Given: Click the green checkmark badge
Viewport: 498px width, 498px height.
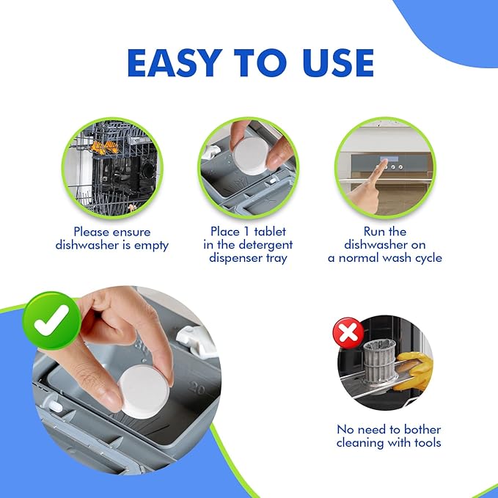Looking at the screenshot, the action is click(x=51, y=321).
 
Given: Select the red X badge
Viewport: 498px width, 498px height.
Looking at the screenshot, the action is click(x=348, y=333).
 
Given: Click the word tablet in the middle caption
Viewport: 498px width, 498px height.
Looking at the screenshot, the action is click(x=270, y=232).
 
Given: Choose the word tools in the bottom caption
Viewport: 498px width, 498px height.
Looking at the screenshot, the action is click(x=428, y=442).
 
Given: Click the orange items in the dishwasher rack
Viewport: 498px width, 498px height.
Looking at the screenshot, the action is click(x=105, y=147).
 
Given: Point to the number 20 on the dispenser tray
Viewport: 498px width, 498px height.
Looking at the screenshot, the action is click(x=197, y=389).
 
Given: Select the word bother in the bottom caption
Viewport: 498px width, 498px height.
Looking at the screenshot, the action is click(x=422, y=429).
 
